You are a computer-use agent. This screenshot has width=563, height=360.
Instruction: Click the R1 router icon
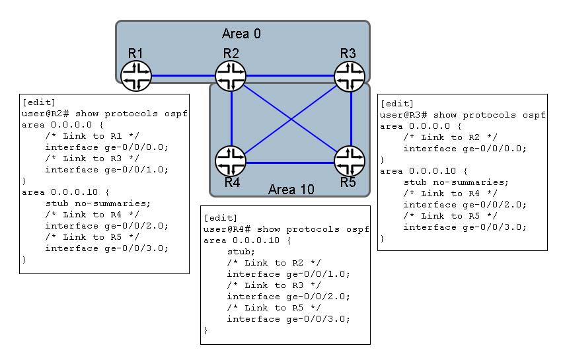coord(135,76)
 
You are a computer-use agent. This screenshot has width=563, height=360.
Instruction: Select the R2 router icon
coord(231,76)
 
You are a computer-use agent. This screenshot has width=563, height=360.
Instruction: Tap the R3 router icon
coord(350,76)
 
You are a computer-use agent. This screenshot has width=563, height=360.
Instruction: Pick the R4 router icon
coord(231,161)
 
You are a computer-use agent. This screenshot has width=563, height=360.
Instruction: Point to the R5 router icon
coord(350,161)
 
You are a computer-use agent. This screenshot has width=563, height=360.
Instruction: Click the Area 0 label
coord(241,34)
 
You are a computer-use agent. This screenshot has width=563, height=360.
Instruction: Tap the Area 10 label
coord(291,189)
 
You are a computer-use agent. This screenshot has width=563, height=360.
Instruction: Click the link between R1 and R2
coord(183,76)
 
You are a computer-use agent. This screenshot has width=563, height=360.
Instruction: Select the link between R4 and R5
coord(290,163)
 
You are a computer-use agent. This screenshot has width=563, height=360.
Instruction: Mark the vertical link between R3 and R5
coord(351,118)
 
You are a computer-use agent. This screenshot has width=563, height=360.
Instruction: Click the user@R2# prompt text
coord(45,114)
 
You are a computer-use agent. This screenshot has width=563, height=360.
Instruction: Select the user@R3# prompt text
coord(403,115)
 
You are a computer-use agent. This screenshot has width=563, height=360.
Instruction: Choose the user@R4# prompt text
coord(227,229)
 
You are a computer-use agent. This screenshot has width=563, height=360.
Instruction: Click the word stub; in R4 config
coord(241,252)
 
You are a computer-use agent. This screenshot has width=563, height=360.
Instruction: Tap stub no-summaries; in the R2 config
coord(98,203)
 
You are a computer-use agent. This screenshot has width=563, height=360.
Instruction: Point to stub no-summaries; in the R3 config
coord(456,182)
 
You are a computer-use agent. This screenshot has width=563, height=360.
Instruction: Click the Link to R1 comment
coord(93,136)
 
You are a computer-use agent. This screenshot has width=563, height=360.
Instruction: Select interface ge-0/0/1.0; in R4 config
coord(288,274)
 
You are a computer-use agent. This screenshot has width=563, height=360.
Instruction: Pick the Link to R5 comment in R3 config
coord(450,216)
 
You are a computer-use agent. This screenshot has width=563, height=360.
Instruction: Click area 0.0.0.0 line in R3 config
coord(421,126)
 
